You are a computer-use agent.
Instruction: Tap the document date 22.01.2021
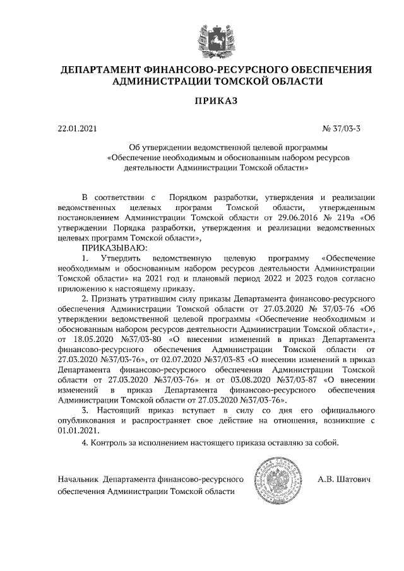pyautogui.click(x=78, y=129)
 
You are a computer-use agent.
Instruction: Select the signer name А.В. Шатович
pyautogui.click(x=344, y=480)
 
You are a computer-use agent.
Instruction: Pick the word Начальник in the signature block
pyautogui.click(x=78, y=480)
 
